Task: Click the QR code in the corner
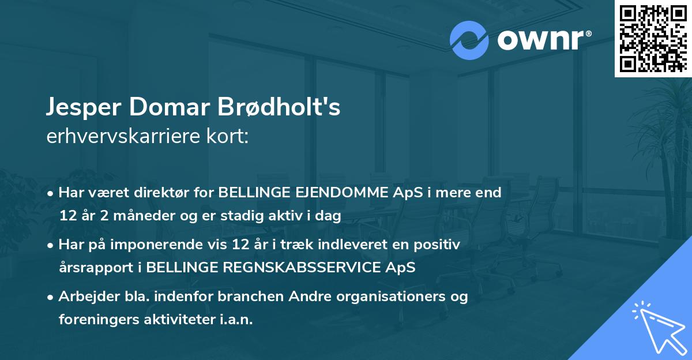653,39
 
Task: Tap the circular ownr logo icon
469,40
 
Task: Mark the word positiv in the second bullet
440,245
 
